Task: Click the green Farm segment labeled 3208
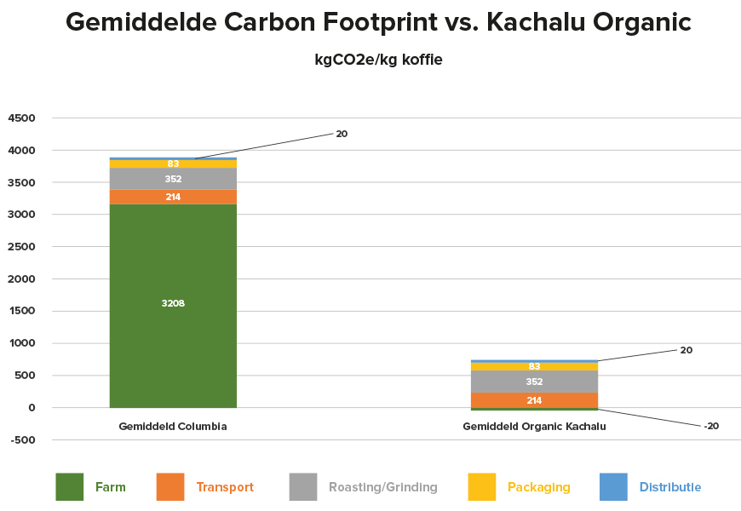coord(173,306)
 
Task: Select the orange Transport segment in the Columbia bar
coord(173,197)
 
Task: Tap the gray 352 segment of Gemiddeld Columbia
coord(173,179)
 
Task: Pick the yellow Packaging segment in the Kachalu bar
coord(534,366)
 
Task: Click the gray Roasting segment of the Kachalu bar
coord(534,382)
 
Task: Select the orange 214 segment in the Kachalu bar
coord(534,400)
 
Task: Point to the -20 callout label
coord(711,426)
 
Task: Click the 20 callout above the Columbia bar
coord(342,134)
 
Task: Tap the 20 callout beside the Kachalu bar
coord(686,350)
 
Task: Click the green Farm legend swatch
coord(70,487)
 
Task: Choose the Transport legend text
coord(225,487)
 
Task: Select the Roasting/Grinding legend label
coord(383,487)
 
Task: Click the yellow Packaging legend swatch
coord(482,487)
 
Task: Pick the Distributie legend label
coord(670,487)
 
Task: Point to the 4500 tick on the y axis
coord(22,118)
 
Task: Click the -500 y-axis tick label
coord(22,440)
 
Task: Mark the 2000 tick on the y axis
coord(22,278)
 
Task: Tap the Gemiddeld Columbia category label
coord(173,427)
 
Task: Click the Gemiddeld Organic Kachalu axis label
coord(534,427)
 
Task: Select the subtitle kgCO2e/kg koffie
coord(378,60)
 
